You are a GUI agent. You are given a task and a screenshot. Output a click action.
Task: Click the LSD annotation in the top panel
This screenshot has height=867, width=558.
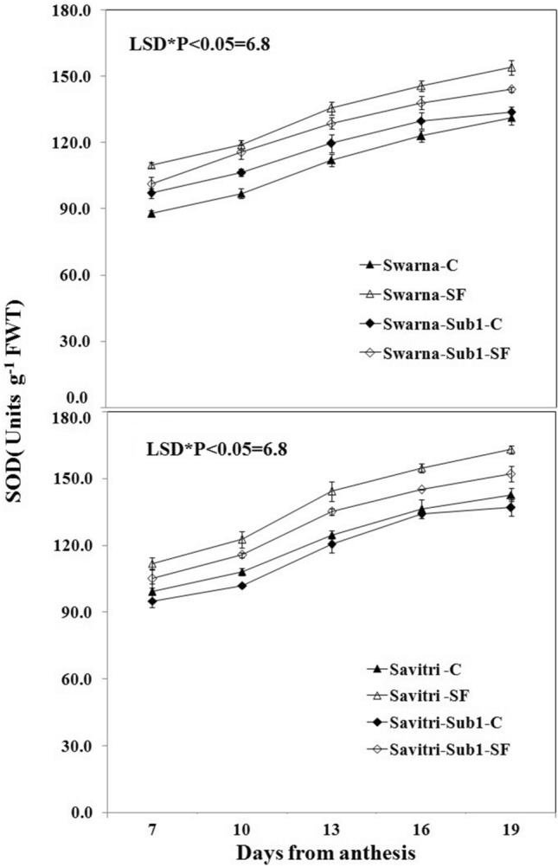[x=196, y=42]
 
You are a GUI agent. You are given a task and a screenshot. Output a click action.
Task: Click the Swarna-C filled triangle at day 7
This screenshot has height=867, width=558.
[x=152, y=213]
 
